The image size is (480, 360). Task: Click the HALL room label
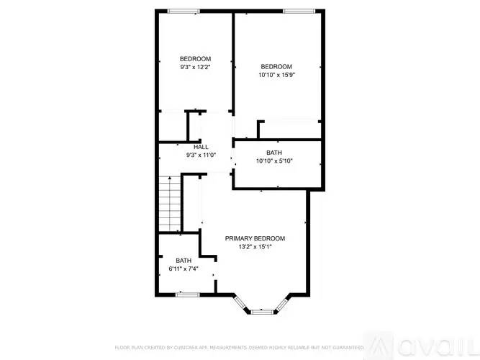tap(201, 147)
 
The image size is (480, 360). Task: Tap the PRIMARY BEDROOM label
tap(255, 238)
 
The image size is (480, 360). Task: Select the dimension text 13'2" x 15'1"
tap(255, 247)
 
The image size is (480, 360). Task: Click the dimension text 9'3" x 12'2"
tap(195, 67)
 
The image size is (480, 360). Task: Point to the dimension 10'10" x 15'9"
tap(276, 74)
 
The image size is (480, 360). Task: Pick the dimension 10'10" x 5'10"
tap(274, 161)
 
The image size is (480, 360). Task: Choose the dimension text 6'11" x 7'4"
tap(184, 269)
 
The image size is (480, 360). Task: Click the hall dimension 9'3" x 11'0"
tap(201, 155)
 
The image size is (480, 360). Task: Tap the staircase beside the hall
tap(168, 204)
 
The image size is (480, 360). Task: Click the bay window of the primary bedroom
tap(261, 311)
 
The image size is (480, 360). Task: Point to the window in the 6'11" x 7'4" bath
tap(188, 294)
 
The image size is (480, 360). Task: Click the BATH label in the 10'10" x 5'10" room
tap(274, 153)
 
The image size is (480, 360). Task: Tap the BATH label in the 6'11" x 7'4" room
tap(184, 261)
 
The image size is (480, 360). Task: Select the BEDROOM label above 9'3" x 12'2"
tap(195, 59)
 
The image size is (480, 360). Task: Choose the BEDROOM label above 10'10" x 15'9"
tap(276, 66)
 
